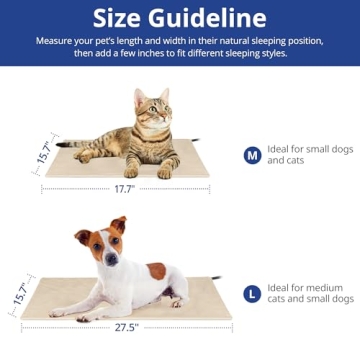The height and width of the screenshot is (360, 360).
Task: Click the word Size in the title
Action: point(122,18)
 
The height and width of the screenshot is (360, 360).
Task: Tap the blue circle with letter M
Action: point(252,155)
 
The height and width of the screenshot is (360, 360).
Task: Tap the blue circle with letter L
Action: point(252,294)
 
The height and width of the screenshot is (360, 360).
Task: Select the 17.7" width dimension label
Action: point(125,187)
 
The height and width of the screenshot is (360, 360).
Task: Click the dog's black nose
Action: point(109,261)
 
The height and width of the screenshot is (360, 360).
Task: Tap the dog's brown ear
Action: point(119,225)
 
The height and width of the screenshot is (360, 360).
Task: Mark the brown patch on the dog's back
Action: point(157,270)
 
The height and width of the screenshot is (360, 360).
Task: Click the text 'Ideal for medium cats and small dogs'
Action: point(310,293)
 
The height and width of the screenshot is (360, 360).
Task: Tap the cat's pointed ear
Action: point(165,96)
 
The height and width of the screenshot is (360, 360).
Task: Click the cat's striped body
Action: point(110,145)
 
